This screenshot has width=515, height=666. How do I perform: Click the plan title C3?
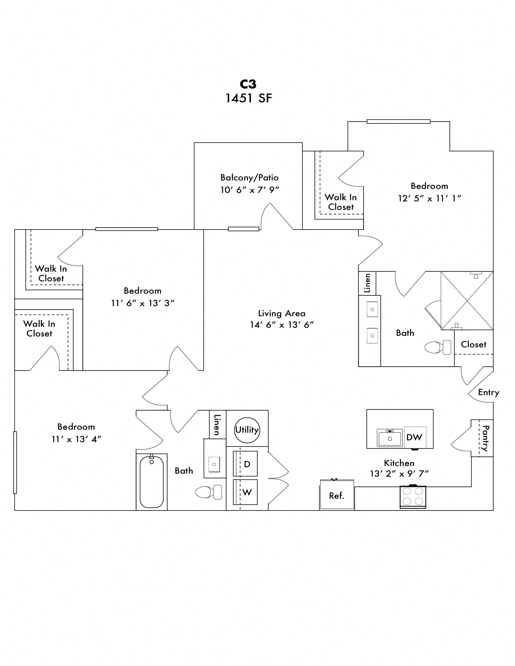pyautogui.click(x=248, y=84)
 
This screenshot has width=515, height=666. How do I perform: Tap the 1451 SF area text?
pyautogui.click(x=248, y=98)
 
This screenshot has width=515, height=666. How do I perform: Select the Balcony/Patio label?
pyautogui.click(x=249, y=177)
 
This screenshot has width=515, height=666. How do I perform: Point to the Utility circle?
pyautogui.click(x=247, y=430)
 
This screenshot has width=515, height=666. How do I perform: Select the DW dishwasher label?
pyautogui.click(x=414, y=438)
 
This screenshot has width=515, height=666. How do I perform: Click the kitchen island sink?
pyautogui.click(x=390, y=438)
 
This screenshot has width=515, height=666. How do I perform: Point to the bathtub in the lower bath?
pyautogui.click(x=152, y=482)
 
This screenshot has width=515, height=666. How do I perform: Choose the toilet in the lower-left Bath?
pyautogui.click(x=208, y=492)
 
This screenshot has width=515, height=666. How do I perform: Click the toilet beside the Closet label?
pyautogui.click(x=438, y=347)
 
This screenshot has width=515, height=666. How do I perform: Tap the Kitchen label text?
pyautogui.click(x=399, y=463)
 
